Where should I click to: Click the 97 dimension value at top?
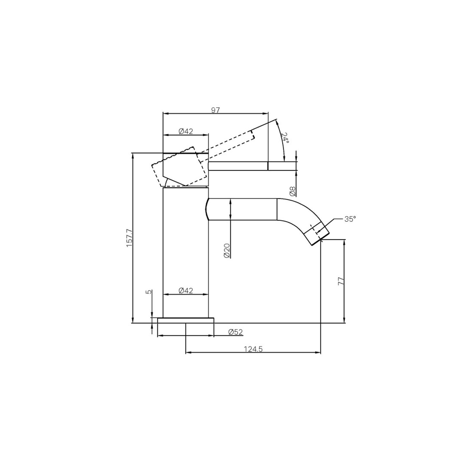215,110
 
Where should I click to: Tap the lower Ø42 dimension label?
186,291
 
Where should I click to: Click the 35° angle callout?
350,219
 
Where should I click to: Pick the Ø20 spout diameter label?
226,250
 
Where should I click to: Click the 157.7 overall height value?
129,238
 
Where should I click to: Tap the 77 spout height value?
341,281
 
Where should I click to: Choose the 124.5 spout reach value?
253,349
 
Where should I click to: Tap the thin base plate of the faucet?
186,320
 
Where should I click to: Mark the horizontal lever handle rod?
251,166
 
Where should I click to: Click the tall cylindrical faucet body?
186,251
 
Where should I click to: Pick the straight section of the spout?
243,209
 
